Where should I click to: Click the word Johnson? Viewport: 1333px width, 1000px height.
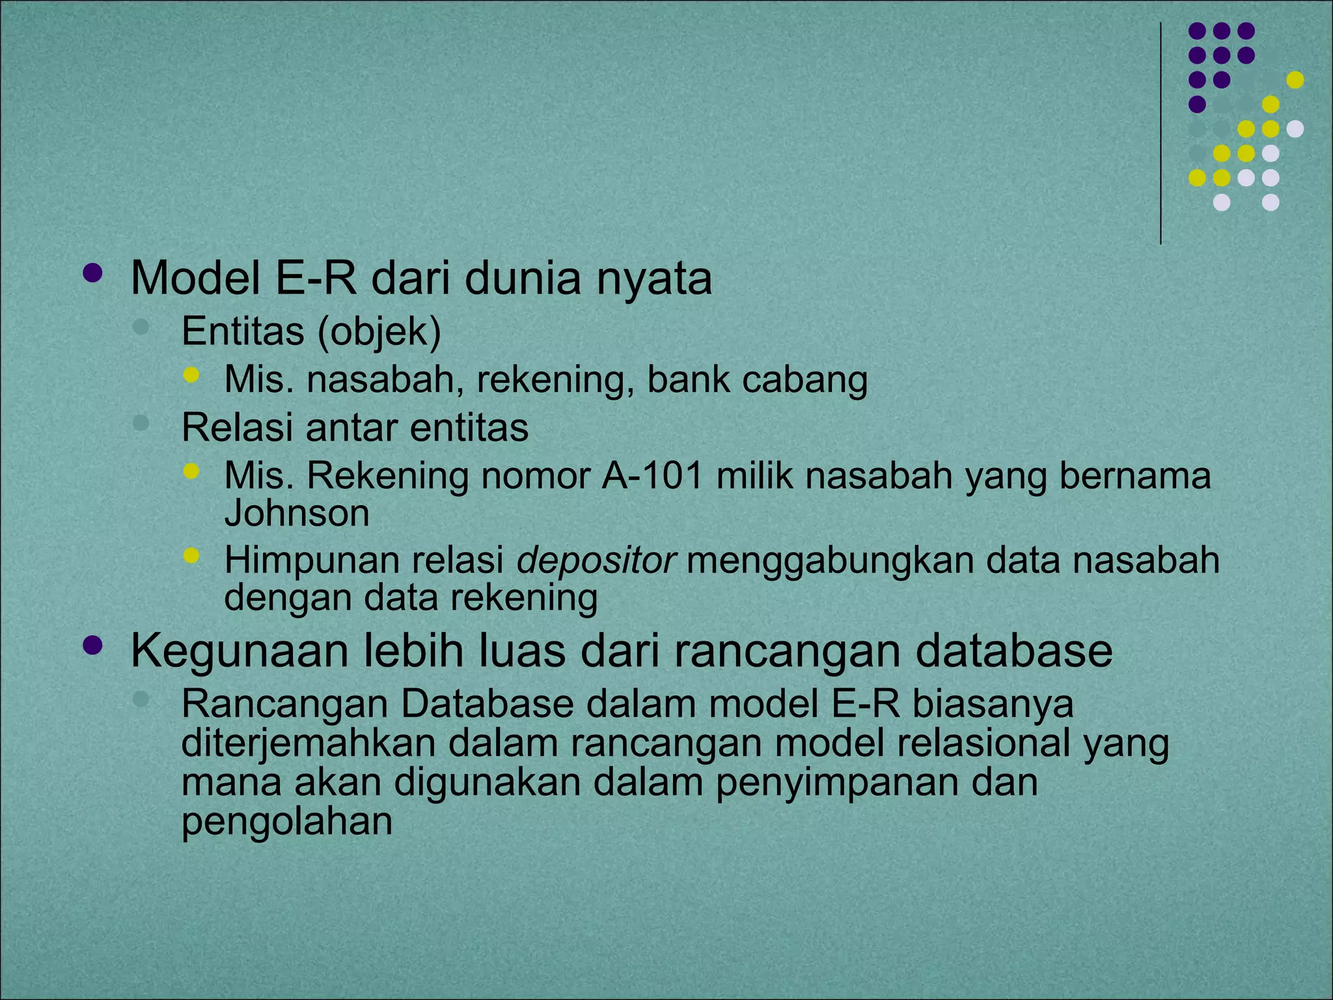297,513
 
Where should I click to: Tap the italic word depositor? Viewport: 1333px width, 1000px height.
597,560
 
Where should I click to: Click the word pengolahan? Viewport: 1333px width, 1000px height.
287,822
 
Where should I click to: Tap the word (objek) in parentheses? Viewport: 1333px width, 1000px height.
379,331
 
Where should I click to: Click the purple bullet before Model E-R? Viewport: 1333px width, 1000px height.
93,273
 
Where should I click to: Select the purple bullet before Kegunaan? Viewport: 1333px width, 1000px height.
93,645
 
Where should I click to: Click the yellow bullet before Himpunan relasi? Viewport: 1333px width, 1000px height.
191,555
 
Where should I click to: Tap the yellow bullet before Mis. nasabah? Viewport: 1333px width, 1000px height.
191,374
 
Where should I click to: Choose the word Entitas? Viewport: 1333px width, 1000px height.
243,331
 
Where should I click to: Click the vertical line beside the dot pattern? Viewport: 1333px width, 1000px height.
1161,133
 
